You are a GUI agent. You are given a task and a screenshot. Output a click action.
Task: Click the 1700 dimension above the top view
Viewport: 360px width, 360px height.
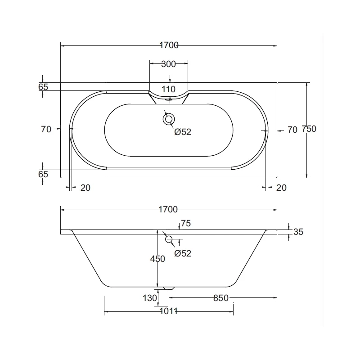click(x=169, y=45)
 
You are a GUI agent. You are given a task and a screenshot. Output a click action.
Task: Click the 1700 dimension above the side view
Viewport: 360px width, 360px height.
click(x=168, y=209)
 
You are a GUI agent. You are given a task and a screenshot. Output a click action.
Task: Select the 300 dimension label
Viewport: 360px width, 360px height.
click(x=168, y=64)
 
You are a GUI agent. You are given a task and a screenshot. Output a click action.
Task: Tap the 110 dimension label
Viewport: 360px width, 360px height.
click(x=168, y=89)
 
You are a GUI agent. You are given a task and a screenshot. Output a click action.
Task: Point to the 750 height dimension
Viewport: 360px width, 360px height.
click(x=309, y=129)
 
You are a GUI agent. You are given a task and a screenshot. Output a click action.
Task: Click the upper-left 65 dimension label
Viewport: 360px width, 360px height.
click(x=43, y=87)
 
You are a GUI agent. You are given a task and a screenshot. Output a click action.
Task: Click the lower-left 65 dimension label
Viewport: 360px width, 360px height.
click(x=43, y=174)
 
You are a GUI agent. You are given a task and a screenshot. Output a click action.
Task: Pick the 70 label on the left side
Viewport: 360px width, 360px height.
click(x=46, y=129)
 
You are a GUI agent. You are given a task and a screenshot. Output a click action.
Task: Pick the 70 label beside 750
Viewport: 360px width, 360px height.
click(x=292, y=130)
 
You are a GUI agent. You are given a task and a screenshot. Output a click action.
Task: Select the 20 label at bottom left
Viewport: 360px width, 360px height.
click(x=85, y=188)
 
